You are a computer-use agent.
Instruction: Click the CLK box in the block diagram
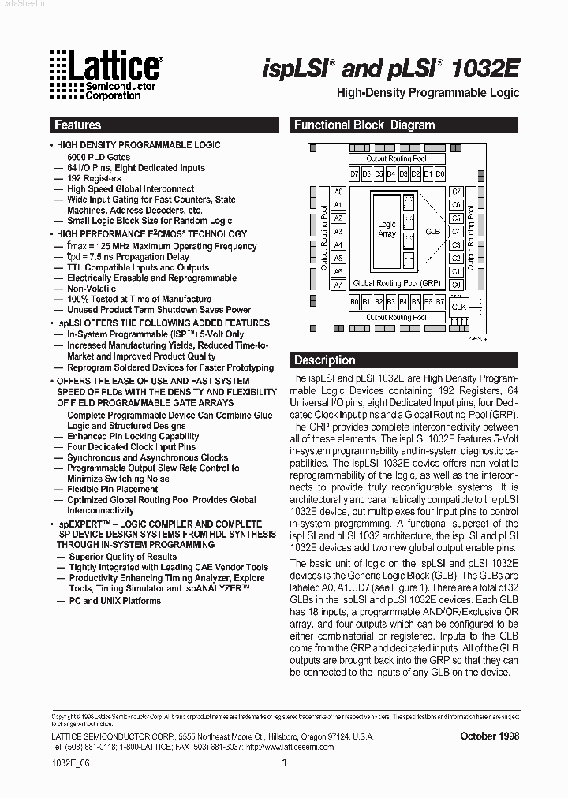point(458,307)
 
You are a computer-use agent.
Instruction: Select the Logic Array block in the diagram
point(387,229)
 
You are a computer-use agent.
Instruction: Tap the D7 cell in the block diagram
point(355,173)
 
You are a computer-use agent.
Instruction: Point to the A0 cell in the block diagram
point(338,192)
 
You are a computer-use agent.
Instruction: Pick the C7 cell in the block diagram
point(456,192)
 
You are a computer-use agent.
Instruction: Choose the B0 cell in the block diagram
point(355,302)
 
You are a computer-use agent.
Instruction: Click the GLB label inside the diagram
point(432,232)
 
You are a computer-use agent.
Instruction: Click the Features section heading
point(77,125)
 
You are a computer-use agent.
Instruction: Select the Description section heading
point(325,360)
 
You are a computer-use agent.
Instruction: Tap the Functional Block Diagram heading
point(364,125)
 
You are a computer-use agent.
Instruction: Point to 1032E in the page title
point(486,69)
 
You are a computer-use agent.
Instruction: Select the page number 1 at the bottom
point(284,763)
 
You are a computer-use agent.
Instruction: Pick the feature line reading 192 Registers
point(94,179)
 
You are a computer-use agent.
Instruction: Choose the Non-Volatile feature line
point(92,289)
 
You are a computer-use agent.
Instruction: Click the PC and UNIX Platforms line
point(114,601)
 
